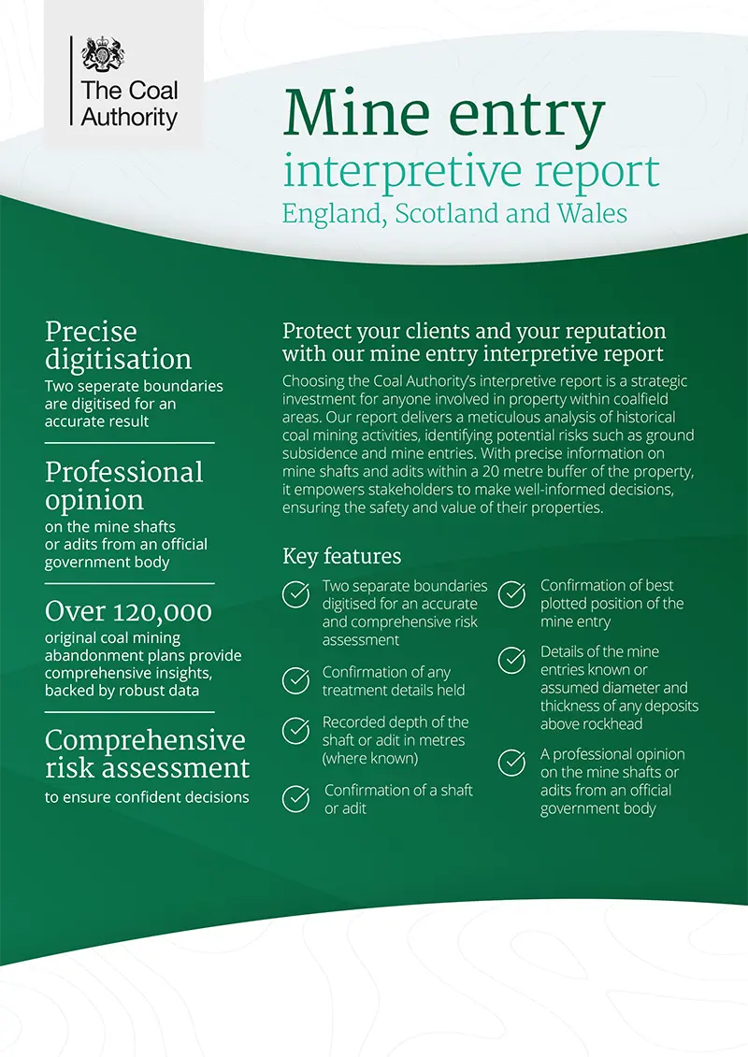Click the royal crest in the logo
click(102, 55)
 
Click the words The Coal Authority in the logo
click(129, 104)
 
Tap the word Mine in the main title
click(352, 113)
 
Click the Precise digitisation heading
click(118, 345)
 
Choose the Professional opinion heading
click(123, 485)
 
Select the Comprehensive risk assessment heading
click(147, 753)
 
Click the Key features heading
click(341, 557)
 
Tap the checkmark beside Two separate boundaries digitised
click(296, 594)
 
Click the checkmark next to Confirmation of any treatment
click(296, 680)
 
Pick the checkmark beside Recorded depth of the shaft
click(296, 731)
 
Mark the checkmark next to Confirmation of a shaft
click(296, 799)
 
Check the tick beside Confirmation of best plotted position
click(511, 594)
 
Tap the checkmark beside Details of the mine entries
click(511, 661)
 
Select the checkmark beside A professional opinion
click(511, 763)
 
